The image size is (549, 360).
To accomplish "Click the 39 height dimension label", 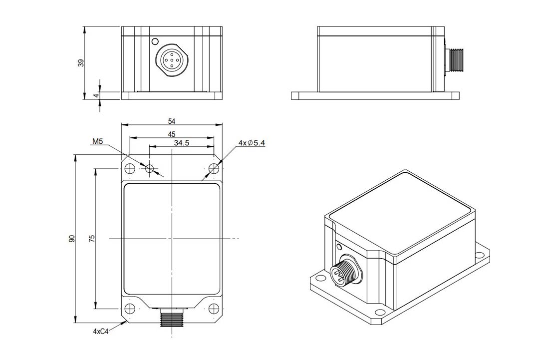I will click(81, 62).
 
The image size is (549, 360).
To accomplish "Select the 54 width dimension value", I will click(172, 121).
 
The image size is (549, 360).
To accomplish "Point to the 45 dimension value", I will click(171, 134).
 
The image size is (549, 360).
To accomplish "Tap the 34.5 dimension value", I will click(181, 143).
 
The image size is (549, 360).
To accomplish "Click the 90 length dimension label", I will click(72, 239).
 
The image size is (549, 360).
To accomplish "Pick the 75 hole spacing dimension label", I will click(91, 239).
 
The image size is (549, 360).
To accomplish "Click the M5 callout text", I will click(97, 142).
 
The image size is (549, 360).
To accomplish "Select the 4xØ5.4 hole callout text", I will click(252, 143).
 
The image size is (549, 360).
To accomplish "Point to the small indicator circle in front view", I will click(155, 41).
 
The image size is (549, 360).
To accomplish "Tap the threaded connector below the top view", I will click(171, 318).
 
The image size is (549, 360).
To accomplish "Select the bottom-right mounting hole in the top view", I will click(214, 308).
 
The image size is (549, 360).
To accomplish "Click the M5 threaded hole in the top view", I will click(150, 168).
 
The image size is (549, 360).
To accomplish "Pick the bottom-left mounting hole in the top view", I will click(130, 308).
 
